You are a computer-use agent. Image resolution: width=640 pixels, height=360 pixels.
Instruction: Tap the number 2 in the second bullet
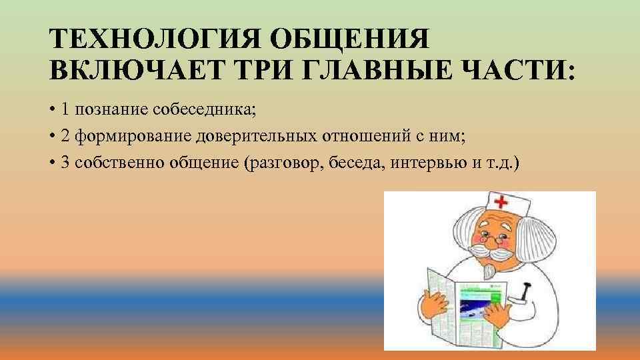[65, 137]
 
